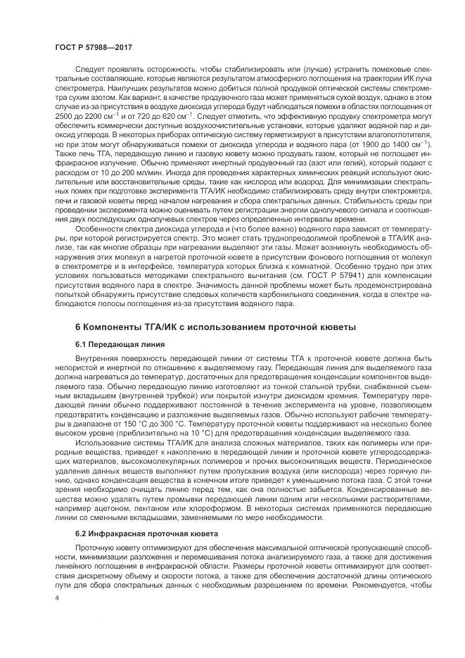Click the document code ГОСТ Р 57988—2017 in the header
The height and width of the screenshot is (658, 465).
point(93,46)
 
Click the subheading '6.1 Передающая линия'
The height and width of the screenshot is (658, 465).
point(120,344)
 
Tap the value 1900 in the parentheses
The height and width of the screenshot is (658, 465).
point(357,143)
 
